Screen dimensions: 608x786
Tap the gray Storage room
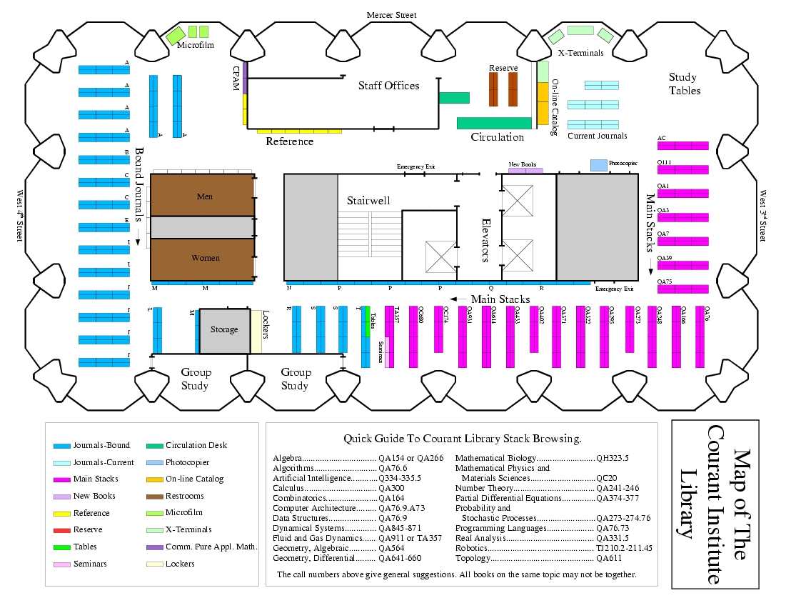tap(224, 330)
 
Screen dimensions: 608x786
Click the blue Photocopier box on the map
tap(598, 165)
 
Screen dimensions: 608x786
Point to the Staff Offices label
tap(388, 86)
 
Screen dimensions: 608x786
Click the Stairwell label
tap(368, 201)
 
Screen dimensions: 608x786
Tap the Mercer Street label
tap(391, 15)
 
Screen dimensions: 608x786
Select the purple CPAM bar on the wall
tap(245, 77)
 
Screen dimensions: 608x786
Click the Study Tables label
tap(683, 84)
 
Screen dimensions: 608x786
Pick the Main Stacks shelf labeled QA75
tap(682, 289)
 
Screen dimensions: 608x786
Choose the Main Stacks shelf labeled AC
tap(682, 145)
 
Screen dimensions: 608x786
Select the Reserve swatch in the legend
tap(62, 530)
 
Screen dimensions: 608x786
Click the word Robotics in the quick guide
tap(472, 549)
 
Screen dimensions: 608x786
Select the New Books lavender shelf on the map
tap(525, 171)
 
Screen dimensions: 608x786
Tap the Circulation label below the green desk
tap(497, 137)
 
